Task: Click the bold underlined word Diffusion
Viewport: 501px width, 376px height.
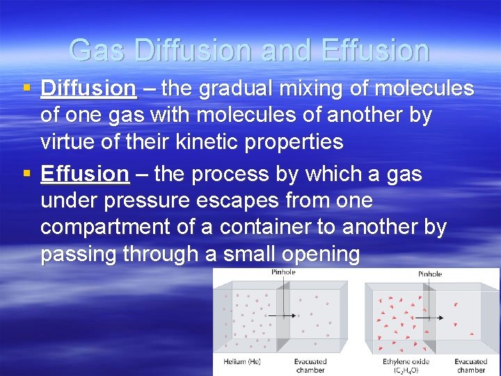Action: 88,89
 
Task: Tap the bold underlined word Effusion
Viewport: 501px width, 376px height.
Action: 85,174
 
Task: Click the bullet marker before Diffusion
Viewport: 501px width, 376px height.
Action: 26,89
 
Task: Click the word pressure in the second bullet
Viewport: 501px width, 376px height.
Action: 145,201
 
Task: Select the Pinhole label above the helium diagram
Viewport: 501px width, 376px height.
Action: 283,272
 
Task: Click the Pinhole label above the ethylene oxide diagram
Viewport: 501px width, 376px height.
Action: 429,274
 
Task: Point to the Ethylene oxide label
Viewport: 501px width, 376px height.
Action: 406,361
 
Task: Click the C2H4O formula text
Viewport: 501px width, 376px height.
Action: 406,370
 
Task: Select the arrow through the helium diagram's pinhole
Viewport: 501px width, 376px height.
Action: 285,315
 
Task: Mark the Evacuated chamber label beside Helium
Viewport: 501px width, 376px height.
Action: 310,366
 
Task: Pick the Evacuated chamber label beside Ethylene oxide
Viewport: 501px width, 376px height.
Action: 471,366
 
